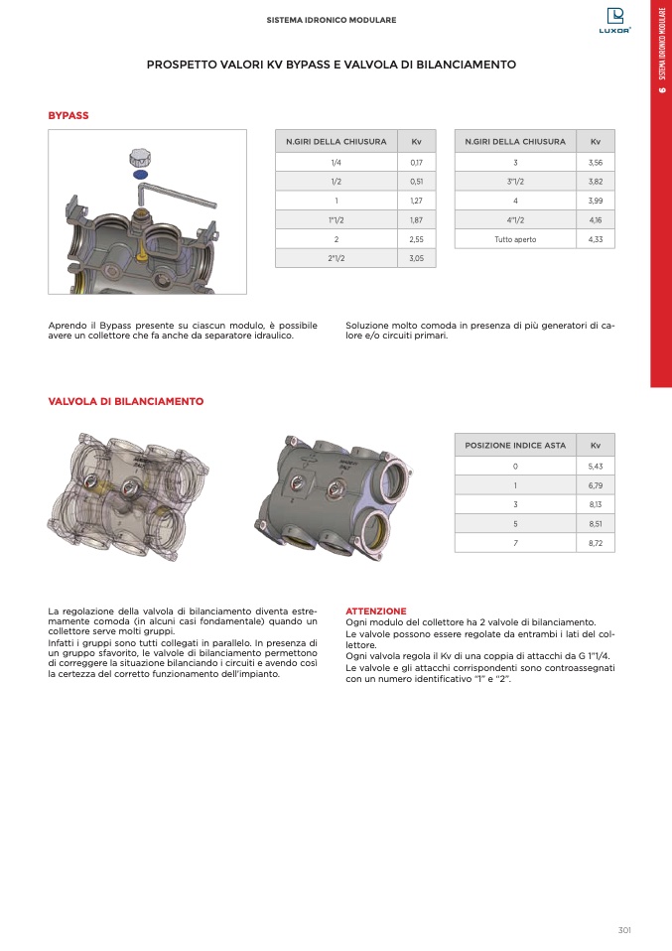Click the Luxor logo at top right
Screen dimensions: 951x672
click(615, 20)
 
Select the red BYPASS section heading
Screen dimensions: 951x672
click(68, 116)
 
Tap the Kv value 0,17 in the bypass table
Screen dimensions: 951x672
click(416, 162)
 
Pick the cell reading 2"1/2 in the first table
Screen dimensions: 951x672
click(336, 258)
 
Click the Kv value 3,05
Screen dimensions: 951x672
click(416, 258)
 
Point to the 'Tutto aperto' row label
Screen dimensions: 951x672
click(515, 239)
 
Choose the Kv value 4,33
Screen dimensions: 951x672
click(596, 239)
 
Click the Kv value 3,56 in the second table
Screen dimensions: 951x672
click(596, 162)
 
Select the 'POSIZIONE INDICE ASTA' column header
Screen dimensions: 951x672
click(515, 445)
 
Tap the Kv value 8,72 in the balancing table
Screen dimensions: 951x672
click(596, 543)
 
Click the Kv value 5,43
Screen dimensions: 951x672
click(596, 466)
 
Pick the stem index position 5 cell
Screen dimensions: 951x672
click(515, 523)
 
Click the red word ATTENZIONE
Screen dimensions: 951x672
click(375, 611)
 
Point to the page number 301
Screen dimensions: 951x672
click(624, 930)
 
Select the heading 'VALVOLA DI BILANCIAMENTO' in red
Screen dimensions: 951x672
click(126, 402)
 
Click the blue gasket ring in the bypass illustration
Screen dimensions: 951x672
click(140, 174)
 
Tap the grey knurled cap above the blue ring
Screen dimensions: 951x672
click(140, 156)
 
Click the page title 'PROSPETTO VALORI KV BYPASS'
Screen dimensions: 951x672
click(332, 65)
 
